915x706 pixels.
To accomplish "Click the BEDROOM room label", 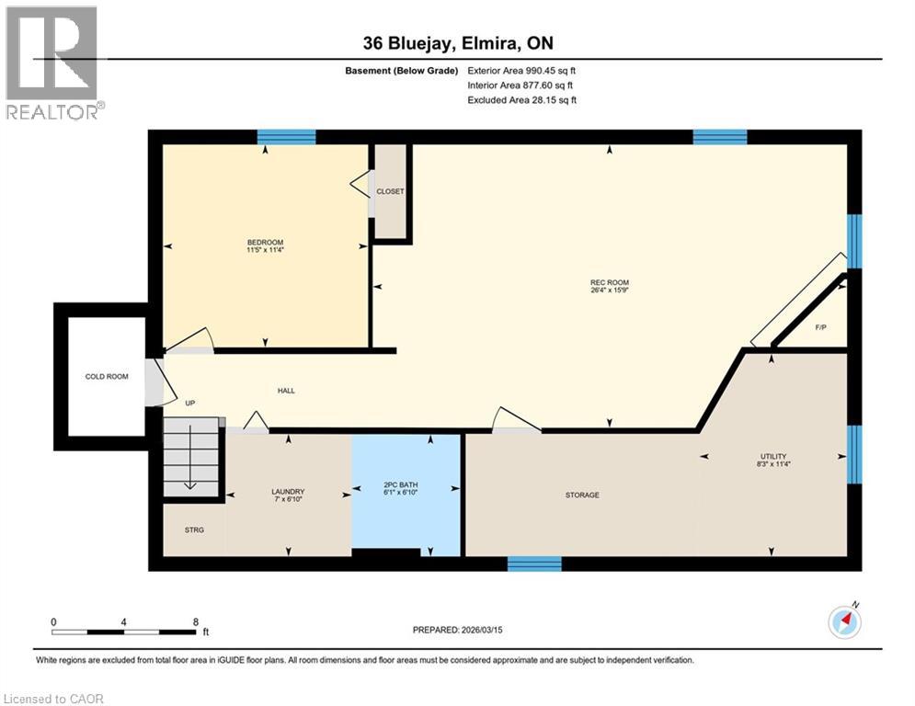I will click(265, 242).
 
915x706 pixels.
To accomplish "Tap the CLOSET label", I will click(390, 191).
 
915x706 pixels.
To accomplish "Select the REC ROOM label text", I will click(609, 282).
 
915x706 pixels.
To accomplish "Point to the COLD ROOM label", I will click(107, 376).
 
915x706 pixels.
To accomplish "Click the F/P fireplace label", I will click(820, 326).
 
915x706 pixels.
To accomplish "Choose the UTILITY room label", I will click(772, 457).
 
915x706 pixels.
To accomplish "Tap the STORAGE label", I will click(582, 495).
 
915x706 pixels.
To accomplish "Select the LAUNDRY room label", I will click(288, 492).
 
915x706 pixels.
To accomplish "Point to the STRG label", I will click(193, 529).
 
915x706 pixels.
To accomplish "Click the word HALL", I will click(286, 391).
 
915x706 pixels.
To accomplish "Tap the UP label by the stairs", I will click(190, 403).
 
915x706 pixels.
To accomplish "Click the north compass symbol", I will click(844, 621).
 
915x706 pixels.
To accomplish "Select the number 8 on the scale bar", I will click(195, 621).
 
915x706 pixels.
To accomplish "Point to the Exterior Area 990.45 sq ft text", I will click(521, 70).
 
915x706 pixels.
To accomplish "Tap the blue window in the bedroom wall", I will click(286, 137).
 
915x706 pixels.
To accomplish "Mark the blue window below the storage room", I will click(534, 563).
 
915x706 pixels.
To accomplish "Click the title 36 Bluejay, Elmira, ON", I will click(458, 43).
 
